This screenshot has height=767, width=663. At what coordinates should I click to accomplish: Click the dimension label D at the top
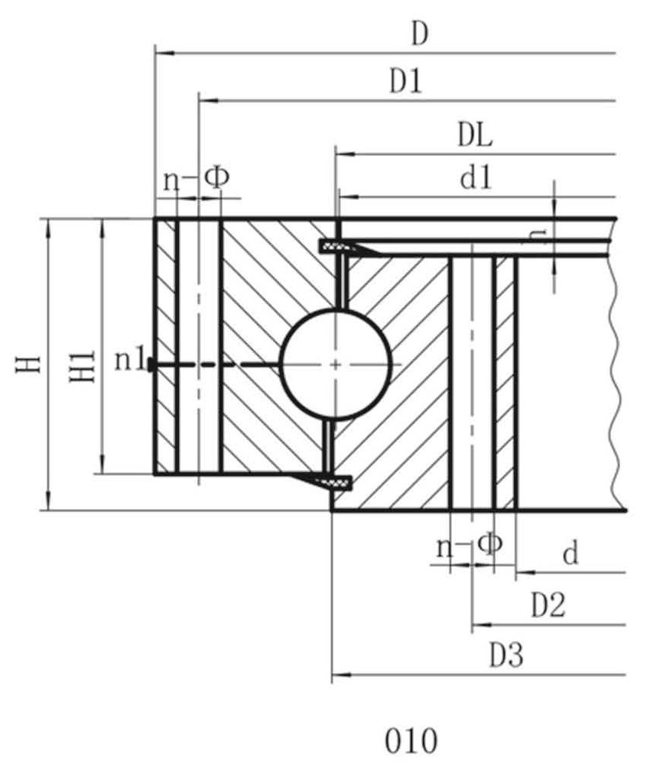420,34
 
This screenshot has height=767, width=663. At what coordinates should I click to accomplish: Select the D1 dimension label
405,81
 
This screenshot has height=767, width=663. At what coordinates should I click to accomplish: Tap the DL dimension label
474,135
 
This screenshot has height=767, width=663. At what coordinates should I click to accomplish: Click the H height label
28,364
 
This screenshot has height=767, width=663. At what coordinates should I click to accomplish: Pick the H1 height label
82,367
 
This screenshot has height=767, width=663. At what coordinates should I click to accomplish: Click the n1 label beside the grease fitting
130,361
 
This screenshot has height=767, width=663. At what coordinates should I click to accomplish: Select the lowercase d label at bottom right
570,553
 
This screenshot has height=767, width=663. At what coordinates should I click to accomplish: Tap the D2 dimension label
548,604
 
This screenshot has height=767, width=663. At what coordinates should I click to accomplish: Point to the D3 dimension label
506,655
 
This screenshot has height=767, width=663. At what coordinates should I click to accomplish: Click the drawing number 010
411,741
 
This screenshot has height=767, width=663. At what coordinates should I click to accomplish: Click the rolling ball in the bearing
336,364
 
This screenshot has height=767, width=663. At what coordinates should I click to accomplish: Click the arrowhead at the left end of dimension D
164,53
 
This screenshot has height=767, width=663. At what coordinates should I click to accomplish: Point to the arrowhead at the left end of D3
341,675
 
